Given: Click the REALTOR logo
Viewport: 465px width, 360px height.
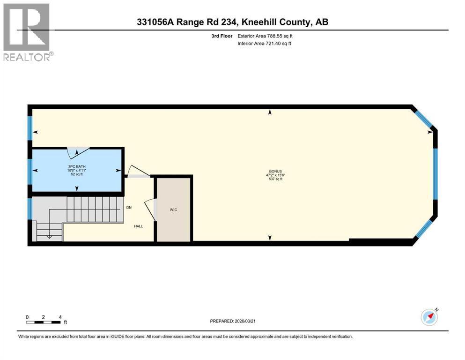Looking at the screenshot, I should [27, 32].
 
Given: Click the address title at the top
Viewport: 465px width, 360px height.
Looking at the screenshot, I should [232, 22].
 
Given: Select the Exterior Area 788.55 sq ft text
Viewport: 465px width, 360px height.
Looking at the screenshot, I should [266, 36].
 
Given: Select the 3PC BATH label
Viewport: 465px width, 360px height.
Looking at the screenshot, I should [77, 166].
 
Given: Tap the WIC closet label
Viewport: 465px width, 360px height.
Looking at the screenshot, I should [173, 210].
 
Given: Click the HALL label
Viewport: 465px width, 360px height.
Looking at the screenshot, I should [139, 226].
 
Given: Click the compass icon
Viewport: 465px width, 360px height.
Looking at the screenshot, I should [429, 317].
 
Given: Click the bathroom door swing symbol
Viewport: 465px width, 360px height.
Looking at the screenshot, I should [77, 152].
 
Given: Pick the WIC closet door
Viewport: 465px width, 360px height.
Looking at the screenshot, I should [150, 209].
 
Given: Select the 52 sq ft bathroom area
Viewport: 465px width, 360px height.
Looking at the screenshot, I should [77, 174].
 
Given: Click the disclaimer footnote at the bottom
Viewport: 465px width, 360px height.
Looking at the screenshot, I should [185, 337].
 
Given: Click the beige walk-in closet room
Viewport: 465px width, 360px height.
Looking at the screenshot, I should [173, 220].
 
